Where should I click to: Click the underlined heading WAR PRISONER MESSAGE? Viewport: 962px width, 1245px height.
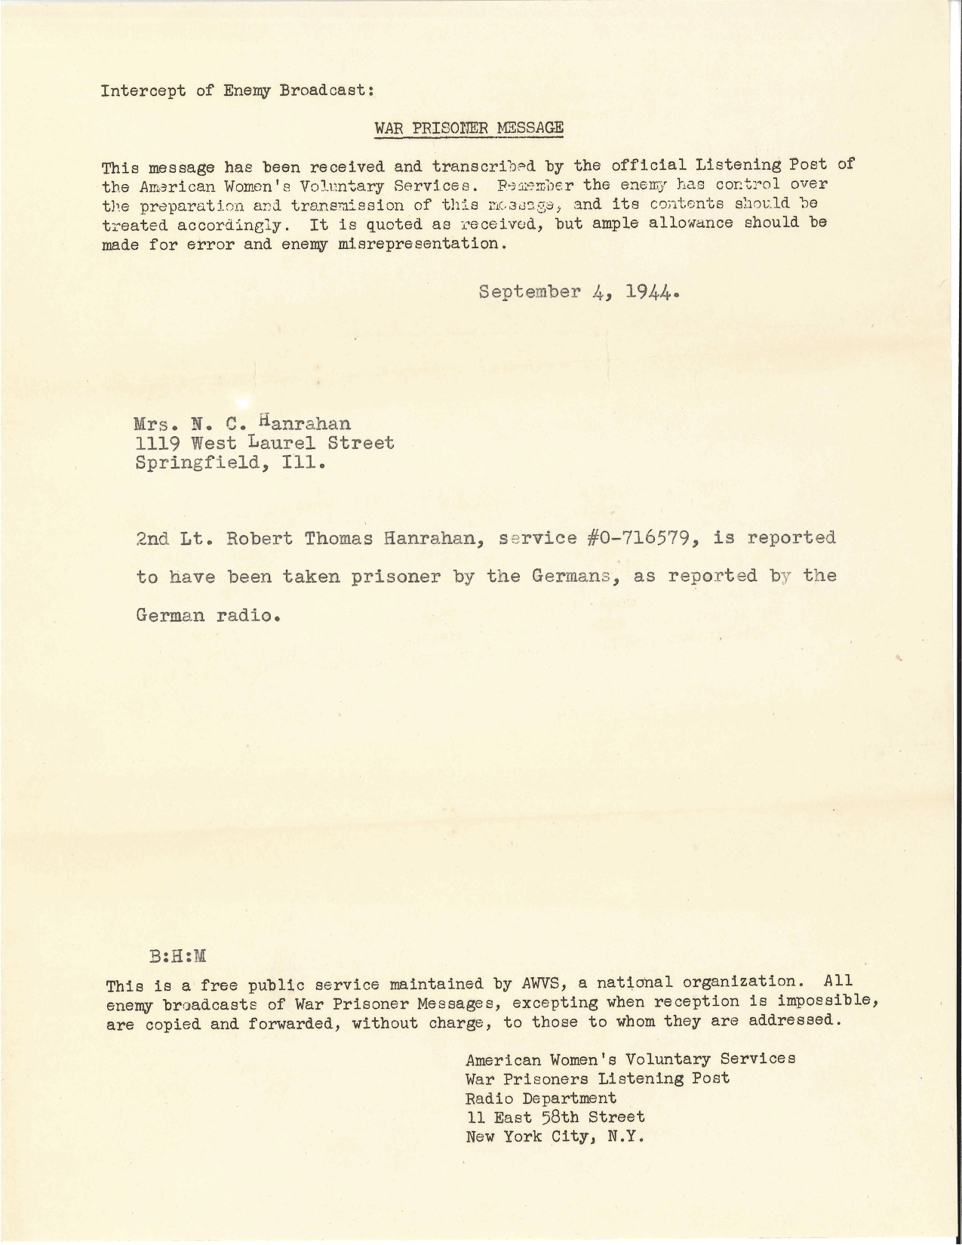click(469, 128)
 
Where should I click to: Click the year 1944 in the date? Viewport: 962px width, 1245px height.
click(649, 292)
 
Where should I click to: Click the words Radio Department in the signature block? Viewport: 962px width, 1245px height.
click(541, 1098)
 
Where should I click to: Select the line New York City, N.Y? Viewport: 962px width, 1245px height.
click(555, 1136)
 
